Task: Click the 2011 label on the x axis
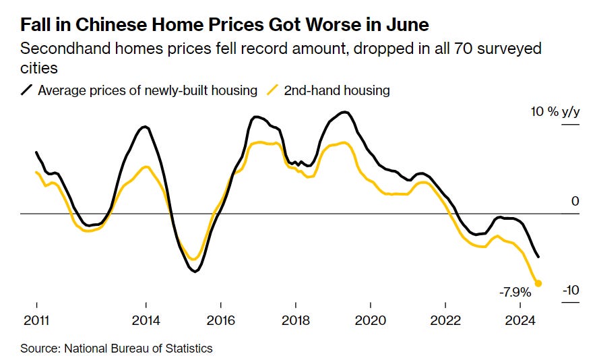point(36,320)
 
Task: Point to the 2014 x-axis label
point(146,320)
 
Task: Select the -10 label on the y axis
point(571,291)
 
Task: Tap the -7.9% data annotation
point(515,293)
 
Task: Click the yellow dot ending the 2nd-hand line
point(538,283)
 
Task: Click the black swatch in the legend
point(27,90)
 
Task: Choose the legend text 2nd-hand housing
point(336,90)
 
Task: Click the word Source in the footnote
point(38,349)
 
